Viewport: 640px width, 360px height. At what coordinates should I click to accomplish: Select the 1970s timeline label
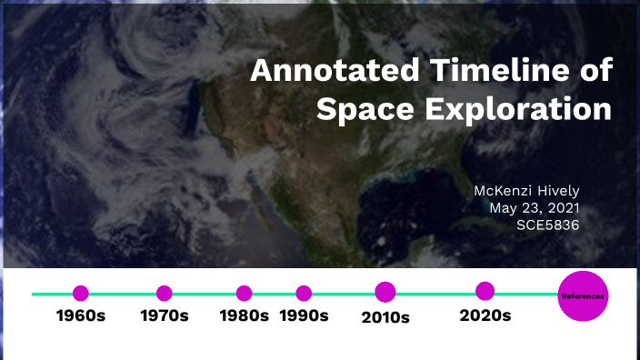click(165, 316)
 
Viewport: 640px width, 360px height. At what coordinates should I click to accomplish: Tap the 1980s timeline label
click(245, 316)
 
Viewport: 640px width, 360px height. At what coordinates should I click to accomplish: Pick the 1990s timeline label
click(304, 316)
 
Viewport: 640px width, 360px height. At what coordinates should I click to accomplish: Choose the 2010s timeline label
click(385, 317)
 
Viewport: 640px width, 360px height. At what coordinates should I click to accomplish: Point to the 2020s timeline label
click(485, 316)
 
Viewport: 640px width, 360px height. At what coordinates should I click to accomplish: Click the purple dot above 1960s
click(81, 294)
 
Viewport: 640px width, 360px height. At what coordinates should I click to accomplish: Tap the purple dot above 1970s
click(165, 294)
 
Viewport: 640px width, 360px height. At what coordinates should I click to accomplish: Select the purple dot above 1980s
click(245, 294)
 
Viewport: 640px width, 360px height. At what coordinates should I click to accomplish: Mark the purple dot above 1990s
click(304, 294)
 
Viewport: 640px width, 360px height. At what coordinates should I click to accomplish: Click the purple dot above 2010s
click(385, 292)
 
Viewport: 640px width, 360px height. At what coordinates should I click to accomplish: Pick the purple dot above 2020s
click(485, 291)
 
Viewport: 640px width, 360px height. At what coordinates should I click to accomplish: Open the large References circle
click(583, 296)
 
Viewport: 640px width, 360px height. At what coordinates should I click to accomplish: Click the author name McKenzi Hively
click(527, 191)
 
